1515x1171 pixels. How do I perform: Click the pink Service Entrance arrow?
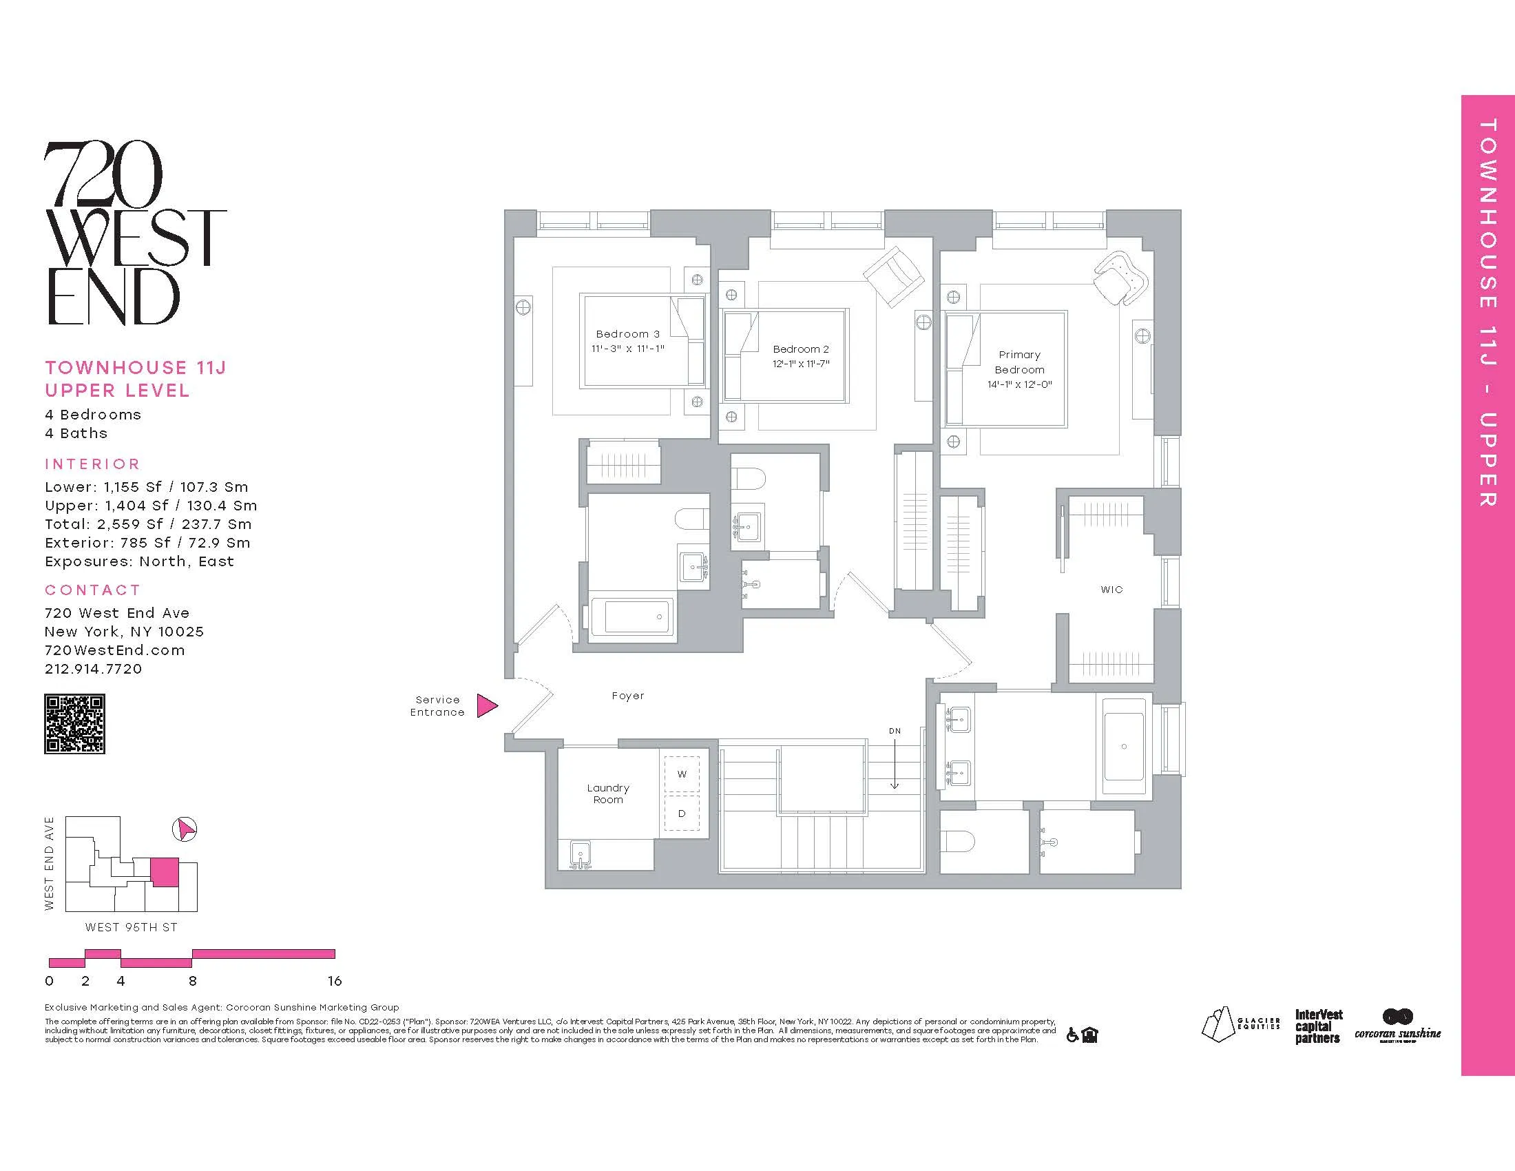tap(487, 705)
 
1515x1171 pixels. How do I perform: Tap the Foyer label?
tap(628, 696)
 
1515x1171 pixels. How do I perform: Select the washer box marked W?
tap(682, 774)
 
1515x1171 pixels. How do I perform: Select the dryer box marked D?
tap(682, 813)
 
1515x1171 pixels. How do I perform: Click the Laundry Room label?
tap(607, 794)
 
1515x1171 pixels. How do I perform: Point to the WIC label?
tap(1111, 590)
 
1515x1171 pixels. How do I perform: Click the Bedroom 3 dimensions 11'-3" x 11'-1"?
tap(628, 349)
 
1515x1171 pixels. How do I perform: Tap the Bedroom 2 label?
tap(800, 349)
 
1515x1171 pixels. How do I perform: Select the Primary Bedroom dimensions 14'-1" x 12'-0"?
tap(1020, 384)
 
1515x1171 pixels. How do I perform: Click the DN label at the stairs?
tap(895, 731)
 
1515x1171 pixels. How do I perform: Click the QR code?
tap(75, 723)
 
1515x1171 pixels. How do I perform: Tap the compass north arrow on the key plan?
tap(184, 829)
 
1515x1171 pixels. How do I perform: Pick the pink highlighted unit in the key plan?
tap(165, 872)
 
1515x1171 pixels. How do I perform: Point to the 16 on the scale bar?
tap(335, 981)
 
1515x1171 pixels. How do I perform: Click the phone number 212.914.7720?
tap(93, 669)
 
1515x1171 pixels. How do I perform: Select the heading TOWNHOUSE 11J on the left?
tap(135, 368)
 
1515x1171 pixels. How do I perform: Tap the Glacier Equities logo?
tap(1240, 1026)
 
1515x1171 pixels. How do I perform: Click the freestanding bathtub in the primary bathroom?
tap(1124, 747)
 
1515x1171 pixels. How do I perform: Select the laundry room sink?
tap(580, 854)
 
